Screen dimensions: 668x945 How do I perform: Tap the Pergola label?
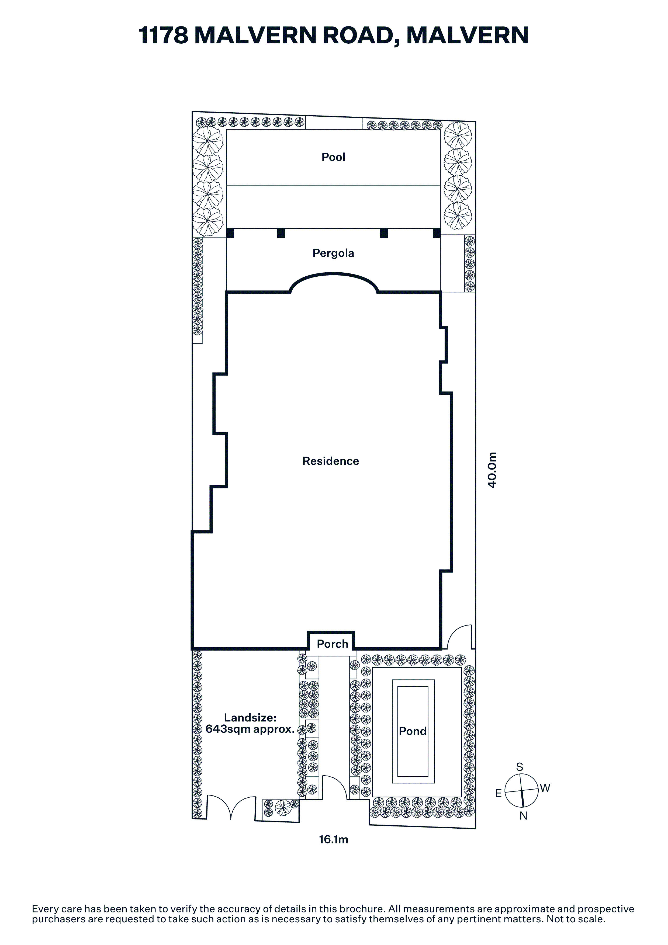coord(333,253)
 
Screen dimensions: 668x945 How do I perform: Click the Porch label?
coord(333,644)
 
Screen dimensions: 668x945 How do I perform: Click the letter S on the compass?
coord(520,767)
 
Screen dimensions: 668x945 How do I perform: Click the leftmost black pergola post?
coord(230,233)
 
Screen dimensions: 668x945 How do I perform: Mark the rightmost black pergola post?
coord(437,233)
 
